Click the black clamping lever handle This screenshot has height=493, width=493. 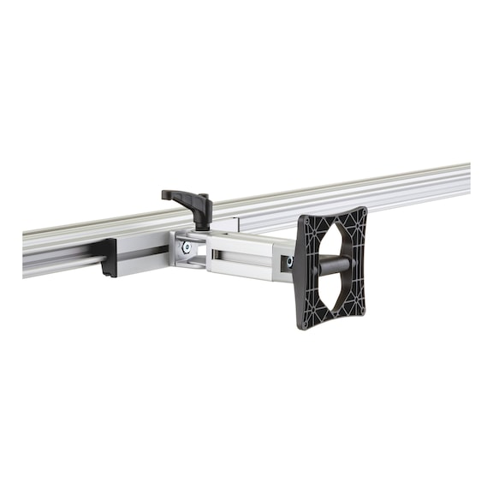pos(184,199)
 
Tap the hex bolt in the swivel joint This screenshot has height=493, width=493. pos(187,248)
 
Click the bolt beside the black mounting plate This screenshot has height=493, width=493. pos(289,260)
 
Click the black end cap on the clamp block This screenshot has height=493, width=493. pos(108,258)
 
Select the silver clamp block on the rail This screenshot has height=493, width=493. pos(141,253)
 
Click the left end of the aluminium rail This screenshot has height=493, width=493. pos(26,252)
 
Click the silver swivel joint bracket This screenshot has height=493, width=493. pos(190,248)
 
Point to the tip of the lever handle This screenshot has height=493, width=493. pos(166,194)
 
